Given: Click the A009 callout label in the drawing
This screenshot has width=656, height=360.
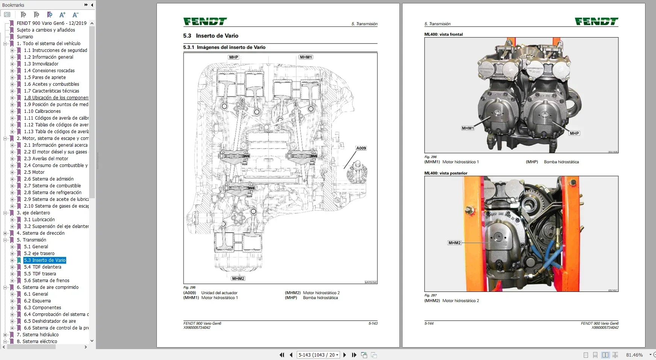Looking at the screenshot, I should (x=361, y=148).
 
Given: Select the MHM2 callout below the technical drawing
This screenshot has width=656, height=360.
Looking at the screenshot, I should (x=238, y=279).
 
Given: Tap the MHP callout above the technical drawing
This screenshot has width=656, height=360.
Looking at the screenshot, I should (x=234, y=57).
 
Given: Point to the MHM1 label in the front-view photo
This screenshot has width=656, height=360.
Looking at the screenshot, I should (x=468, y=128).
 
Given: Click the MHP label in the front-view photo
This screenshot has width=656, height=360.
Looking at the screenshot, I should (x=574, y=134).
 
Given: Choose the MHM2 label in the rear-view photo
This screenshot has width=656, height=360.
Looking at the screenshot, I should (x=454, y=243).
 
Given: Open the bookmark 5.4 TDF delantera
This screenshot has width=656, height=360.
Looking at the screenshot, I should (x=43, y=267).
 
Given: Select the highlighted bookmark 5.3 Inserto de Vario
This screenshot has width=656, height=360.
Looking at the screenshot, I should (x=45, y=260).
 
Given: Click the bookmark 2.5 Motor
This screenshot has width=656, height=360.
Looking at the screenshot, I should (x=34, y=172).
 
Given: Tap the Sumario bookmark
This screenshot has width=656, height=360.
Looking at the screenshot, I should (x=25, y=37).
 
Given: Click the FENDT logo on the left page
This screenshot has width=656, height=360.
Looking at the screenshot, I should (x=205, y=22).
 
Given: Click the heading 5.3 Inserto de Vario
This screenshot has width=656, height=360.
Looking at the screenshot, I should (x=211, y=36).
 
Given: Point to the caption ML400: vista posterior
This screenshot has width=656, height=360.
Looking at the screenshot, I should (x=446, y=173).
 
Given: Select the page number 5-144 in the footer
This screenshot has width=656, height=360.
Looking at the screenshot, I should (x=429, y=324).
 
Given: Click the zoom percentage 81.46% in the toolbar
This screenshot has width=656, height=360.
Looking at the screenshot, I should (x=634, y=355).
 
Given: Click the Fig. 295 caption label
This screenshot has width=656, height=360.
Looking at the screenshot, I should (x=190, y=287).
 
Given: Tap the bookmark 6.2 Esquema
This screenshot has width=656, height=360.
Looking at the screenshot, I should (x=37, y=301).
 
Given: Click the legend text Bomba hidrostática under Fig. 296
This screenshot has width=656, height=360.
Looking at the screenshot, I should (x=561, y=162).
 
